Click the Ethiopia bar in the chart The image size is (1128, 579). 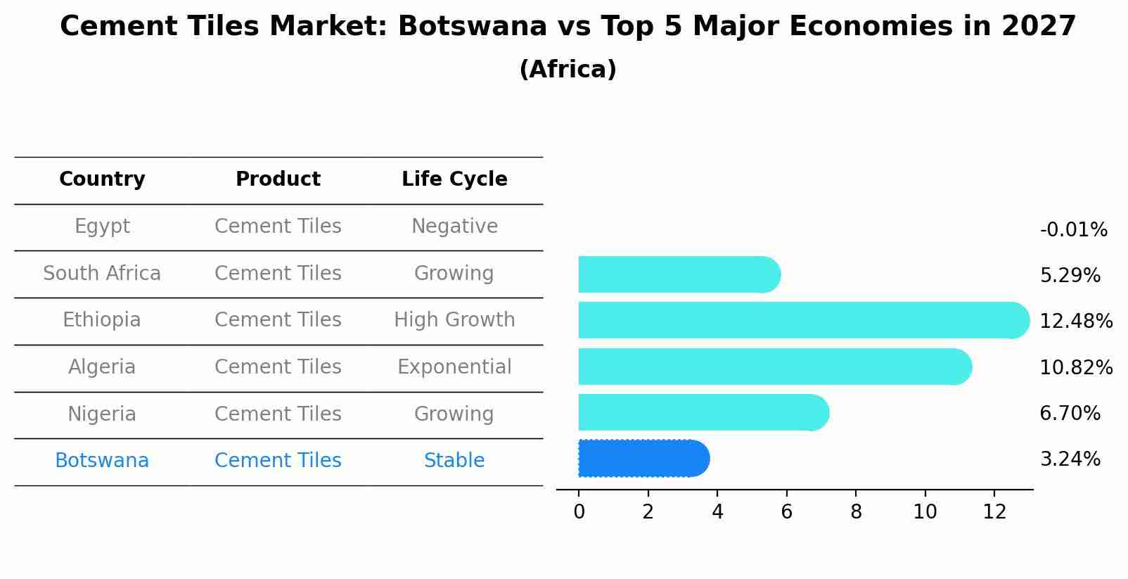pyautogui.click(x=802, y=320)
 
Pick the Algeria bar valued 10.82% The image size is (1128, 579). pyautogui.click(x=774, y=367)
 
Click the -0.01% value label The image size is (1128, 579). pyautogui.click(x=1073, y=230)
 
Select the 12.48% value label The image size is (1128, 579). pyautogui.click(x=1075, y=322)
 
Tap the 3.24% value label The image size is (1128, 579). pyautogui.click(x=1070, y=459)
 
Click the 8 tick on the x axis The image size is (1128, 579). pyautogui.click(x=856, y=512)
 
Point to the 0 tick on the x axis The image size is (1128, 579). pyautogui.click(x=579, y=512)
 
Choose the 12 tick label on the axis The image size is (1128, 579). pyautogui.click(x=994, y=512)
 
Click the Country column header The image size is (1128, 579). pyautogui.click(x=102, y=179)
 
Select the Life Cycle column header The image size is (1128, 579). pyautogui.click(x=454, y=179)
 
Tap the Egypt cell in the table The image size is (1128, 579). pyautogui.click(x=102, y=227)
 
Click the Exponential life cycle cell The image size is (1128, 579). pyautogui.click(x=454, y=367)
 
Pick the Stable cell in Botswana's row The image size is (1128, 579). pyautogui.click(x=454, y=461)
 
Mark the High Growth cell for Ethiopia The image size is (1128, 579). pyautogui.click(x=454, y=320)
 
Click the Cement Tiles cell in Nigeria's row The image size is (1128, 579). pyautogui.click(x=278, y=414)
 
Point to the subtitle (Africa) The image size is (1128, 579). pyautogui.click(x=568, y=70)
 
